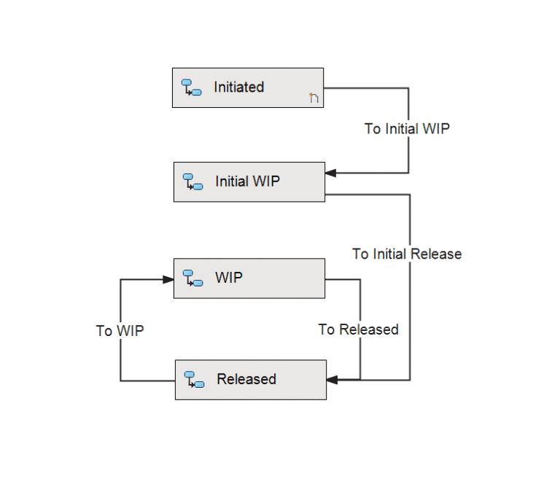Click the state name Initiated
coord(238,87)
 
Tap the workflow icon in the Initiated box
coord(191,88)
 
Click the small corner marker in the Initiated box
coord(314,98)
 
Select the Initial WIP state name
coord(247,181)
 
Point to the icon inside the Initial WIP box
coord(192,181)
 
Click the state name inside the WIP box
coord(229,278)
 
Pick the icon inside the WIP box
coord(192,278)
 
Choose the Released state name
coord(246,379)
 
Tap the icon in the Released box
coord(194,379)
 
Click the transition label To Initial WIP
coord(407,129)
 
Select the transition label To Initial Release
coord(407,254)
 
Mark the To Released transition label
coord(358,329)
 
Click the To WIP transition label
coord(120,331)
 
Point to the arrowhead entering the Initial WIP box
coord(330,173)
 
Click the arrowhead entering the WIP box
coord(168,278)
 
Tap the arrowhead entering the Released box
coord(332,380)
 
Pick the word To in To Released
coord(326,329)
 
